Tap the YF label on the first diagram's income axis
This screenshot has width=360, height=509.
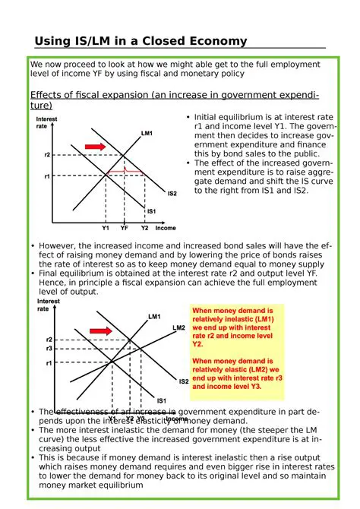click(124, 227)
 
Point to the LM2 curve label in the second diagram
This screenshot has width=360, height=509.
click(178, 327)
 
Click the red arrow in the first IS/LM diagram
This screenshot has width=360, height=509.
click(94, 145)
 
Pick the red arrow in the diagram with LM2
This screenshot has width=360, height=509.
click(99, 330)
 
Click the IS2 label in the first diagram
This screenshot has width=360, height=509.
click(172, 194)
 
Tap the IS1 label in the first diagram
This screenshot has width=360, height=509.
click(151, 211)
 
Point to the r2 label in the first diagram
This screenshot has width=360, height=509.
click(48, 155)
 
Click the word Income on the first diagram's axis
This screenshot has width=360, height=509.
click(166, 227)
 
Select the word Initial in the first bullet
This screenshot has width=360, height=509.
click(209, 117)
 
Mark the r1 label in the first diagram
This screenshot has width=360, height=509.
click(48, 176)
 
